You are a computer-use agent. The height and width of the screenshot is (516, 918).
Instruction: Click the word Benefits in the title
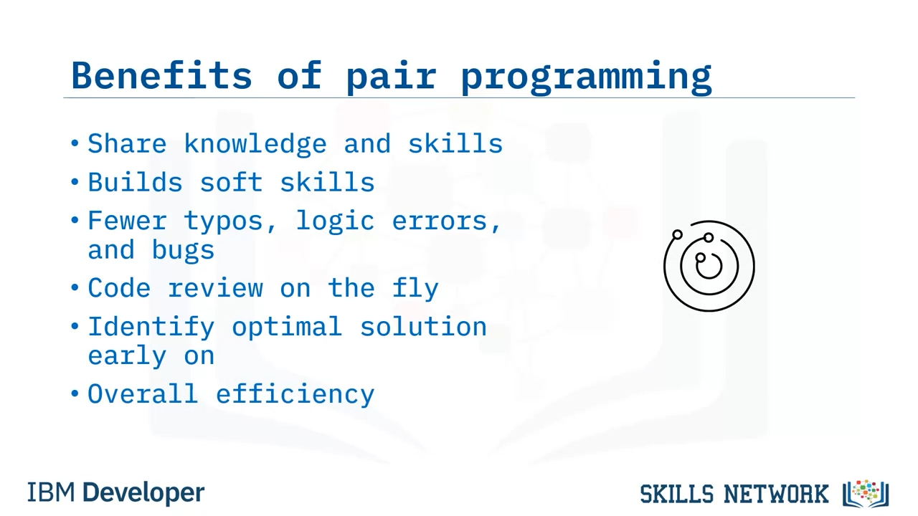coord(161,75)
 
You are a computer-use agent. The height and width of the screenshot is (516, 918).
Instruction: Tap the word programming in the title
coord(587,78)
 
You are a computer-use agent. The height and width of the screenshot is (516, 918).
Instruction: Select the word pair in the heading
coord(392,78)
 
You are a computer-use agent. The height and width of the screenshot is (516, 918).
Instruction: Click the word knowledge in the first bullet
coord(255,144)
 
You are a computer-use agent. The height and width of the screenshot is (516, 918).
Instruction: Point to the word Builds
coord(135,182)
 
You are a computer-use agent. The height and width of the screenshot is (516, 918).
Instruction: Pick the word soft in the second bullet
coord(231,182)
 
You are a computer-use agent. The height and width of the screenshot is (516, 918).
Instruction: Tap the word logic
coord(335,222)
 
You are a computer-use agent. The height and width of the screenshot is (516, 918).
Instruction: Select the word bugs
coord(183,251)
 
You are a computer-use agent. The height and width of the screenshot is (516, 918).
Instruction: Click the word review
coord(215,288)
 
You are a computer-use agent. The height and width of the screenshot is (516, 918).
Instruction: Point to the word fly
coord(415,289)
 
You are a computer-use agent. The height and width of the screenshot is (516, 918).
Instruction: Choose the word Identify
coord(151,328)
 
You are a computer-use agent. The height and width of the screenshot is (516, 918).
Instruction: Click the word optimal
coord(287,328)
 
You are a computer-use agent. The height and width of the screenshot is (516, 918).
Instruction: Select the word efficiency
coord(295,395)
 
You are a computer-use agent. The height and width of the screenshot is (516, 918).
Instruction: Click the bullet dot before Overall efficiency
coord(75,393)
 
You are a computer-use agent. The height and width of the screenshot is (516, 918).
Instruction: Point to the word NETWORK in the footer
coord(776,494)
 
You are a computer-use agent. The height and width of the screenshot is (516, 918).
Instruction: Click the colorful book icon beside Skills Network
coord(865,494)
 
